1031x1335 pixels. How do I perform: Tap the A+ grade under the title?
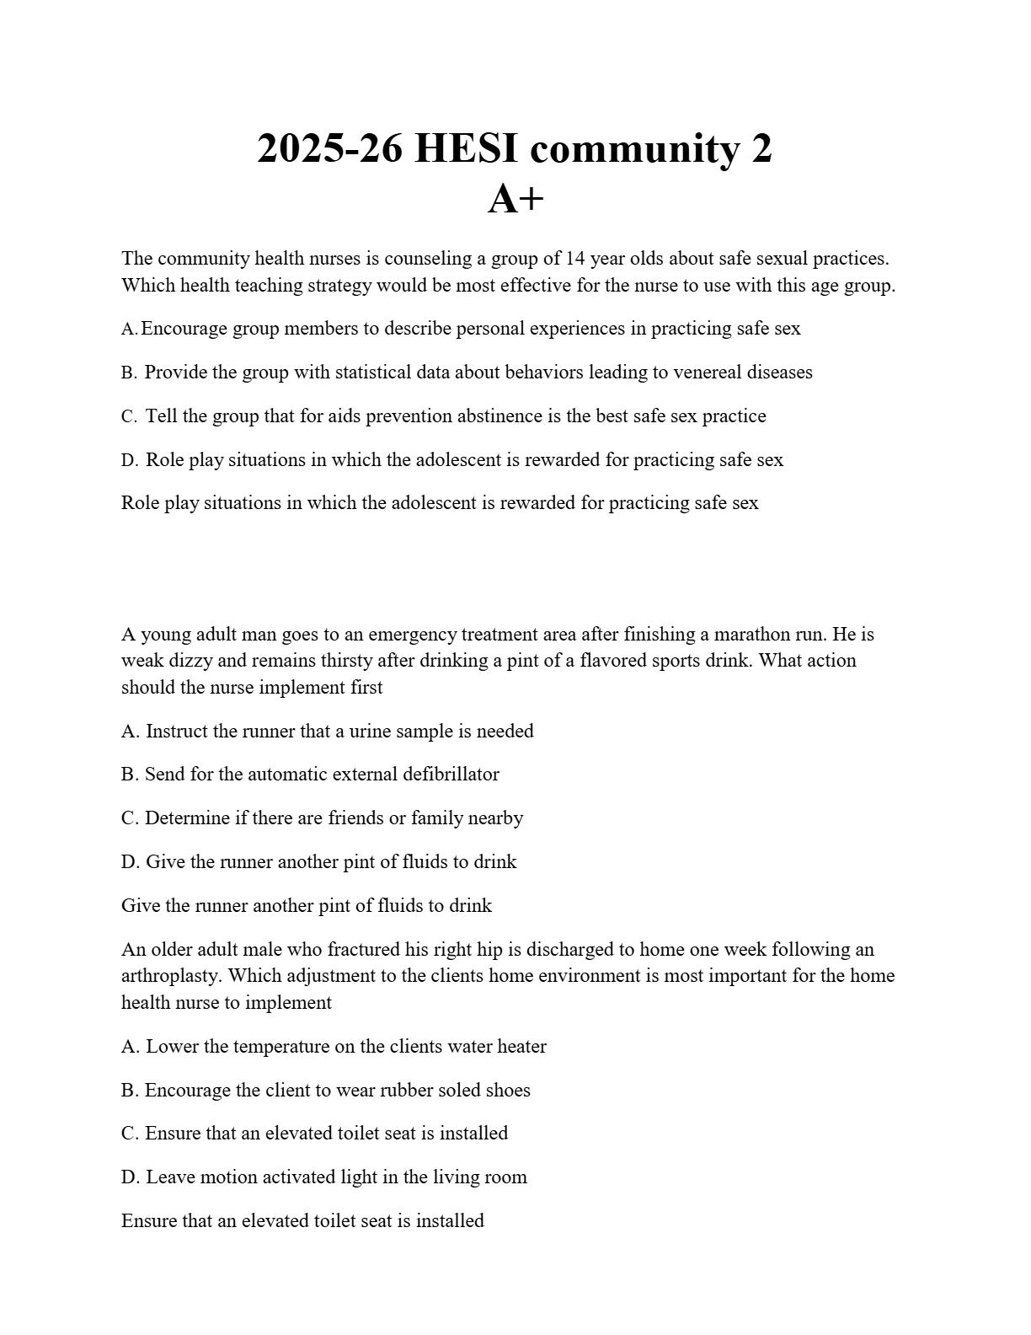pos(515,200)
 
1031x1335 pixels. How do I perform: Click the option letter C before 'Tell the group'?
pos(129,416)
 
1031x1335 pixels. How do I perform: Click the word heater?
pos(521,1047)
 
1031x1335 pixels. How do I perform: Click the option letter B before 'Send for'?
pos(130,775)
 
